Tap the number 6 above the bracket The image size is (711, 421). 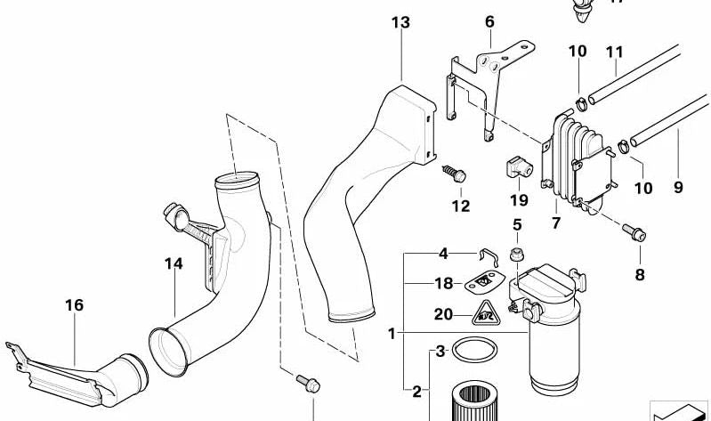pos(489,21)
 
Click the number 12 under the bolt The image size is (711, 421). pos(459,206)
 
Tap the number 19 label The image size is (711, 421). pos(519,199)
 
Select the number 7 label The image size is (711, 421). pos(555,223)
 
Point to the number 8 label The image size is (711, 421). pos(639,274)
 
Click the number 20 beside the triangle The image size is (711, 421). pos(442,313)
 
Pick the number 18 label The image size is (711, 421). pos(444,284)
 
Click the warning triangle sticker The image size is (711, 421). pos(485,312)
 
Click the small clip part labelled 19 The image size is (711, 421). pos(516,166)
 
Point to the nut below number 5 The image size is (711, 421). pos(516,256)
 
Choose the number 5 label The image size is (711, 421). pos(516,223)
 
